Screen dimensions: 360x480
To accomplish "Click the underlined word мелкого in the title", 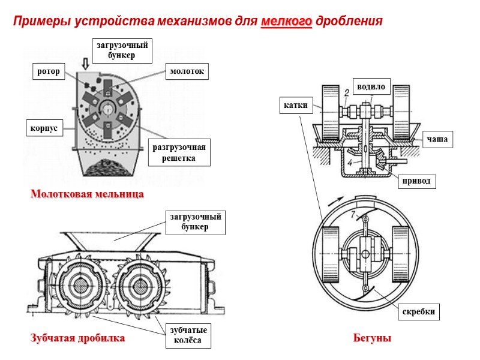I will point(287,22).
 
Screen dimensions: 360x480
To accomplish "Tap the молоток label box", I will point(187,72).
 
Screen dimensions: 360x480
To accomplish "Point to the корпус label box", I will point(43,128).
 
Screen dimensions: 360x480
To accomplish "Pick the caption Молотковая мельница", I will point(87,195).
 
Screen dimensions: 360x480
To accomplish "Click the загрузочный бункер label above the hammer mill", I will point(122,50).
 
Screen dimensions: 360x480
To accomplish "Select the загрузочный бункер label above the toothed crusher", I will point(195,221).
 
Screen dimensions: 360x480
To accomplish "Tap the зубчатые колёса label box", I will point(188,335).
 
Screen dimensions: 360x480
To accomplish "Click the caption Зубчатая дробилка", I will point(77,338).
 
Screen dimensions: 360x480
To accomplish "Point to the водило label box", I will point(371,85).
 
